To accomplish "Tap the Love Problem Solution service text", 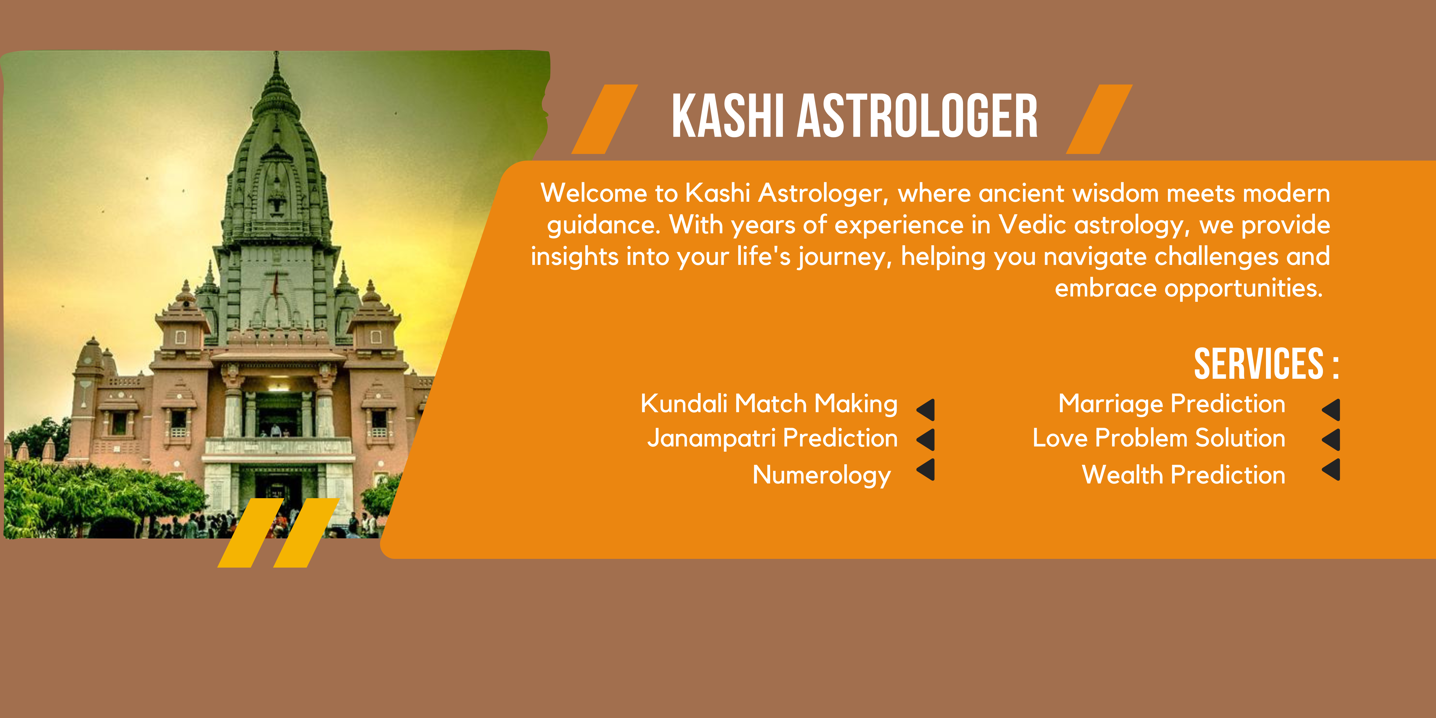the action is (1159, 438).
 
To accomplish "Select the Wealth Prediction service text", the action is (1183, 475).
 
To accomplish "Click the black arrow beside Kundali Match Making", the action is (927, 410).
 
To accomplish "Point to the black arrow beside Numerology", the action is (927, 469).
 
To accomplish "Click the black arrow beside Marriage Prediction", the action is (1332, 410).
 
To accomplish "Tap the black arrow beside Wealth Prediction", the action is (1332, 469).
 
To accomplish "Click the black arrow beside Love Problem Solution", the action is (1332, 439).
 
